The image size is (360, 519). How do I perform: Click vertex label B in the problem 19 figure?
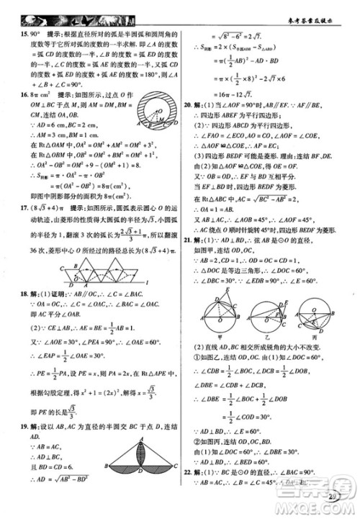point(105,469)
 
